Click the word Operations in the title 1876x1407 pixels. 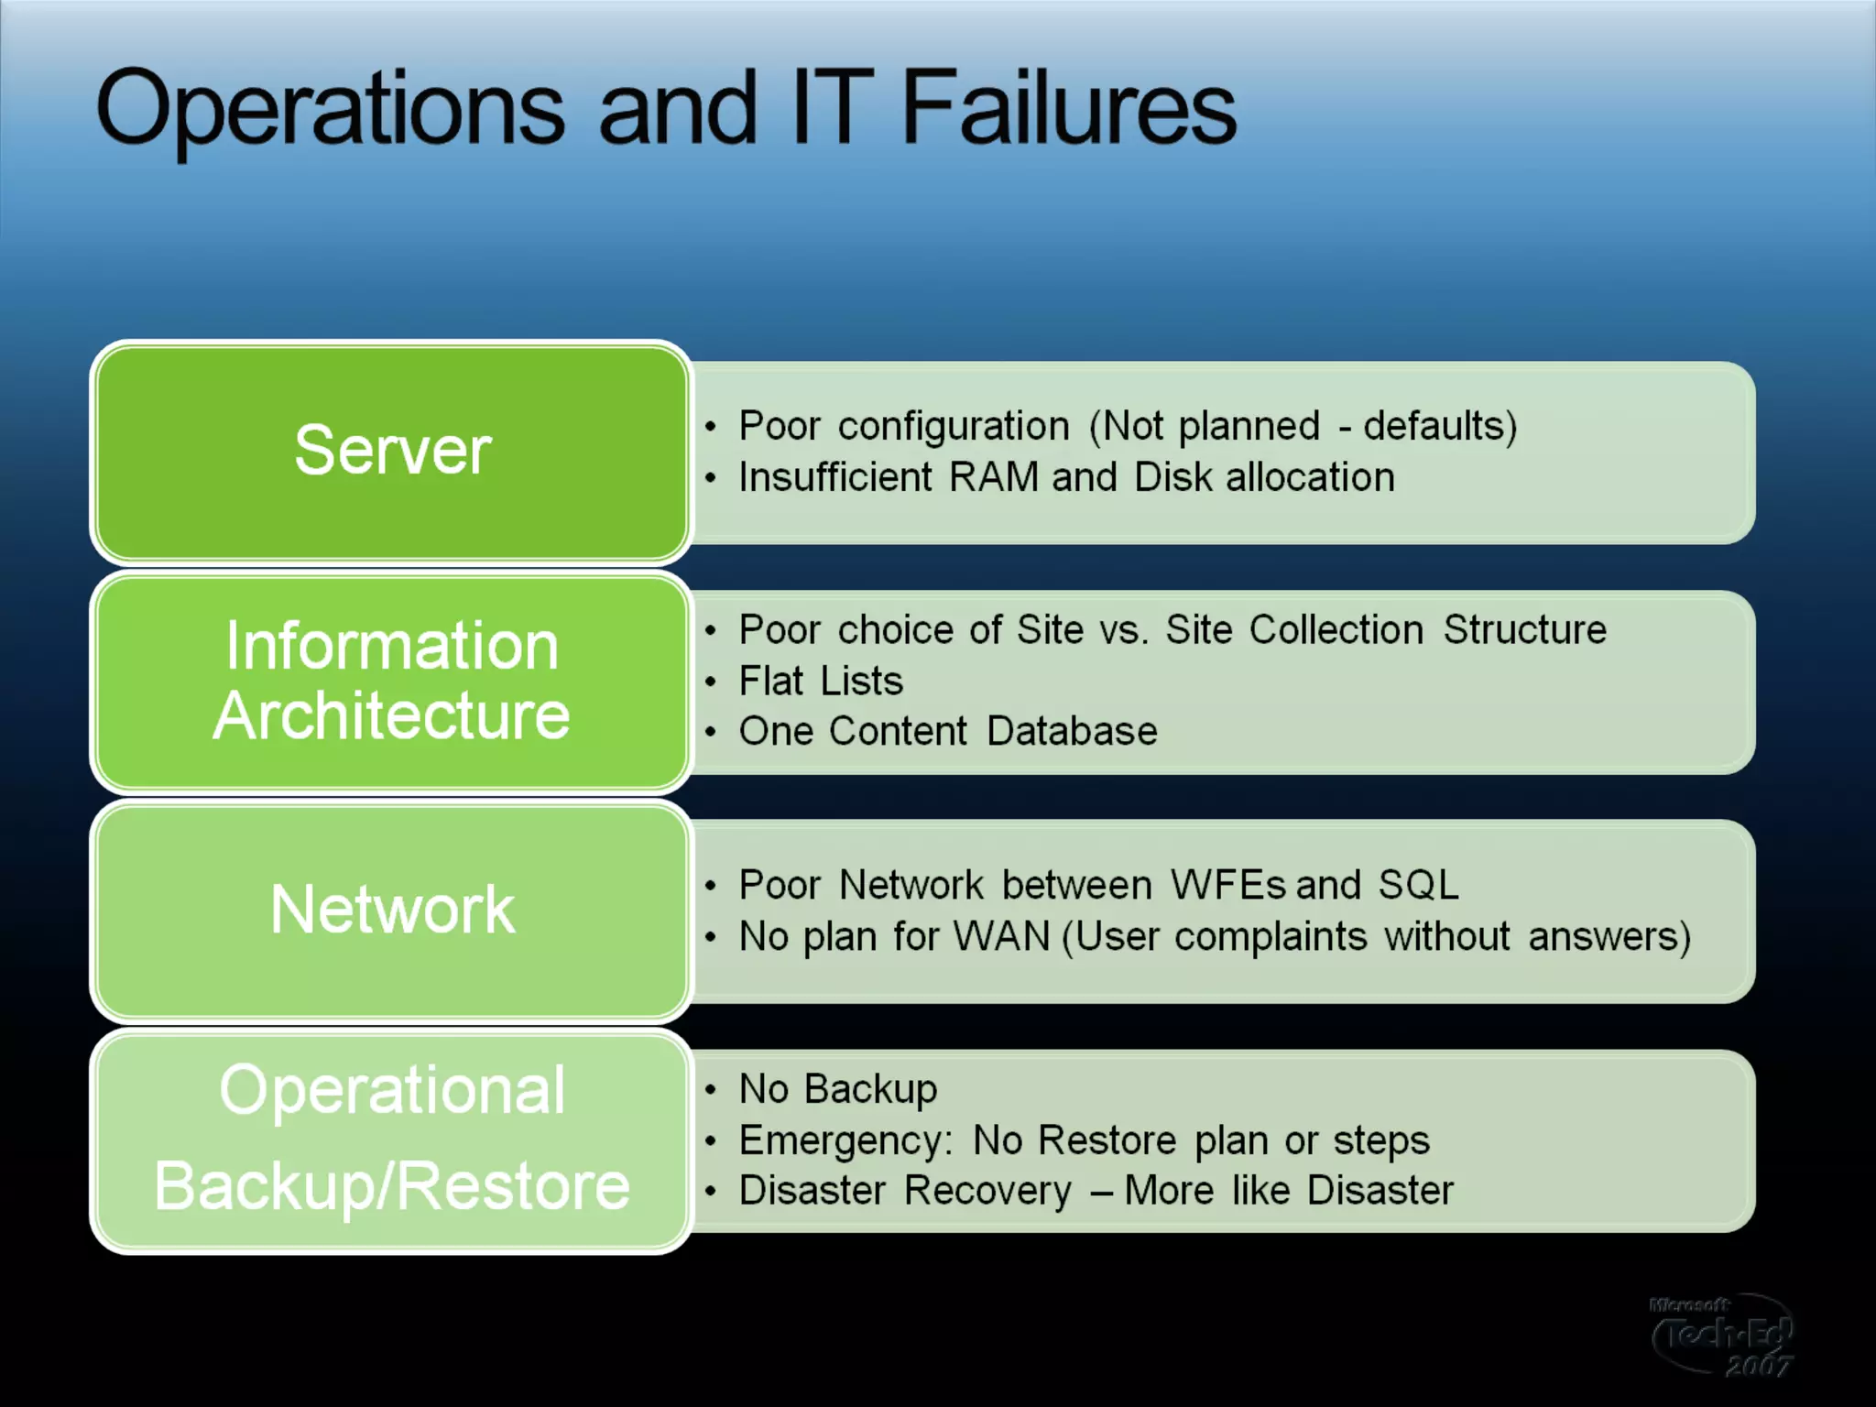point(330,110)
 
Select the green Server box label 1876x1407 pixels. point(392,450)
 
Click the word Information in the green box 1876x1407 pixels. point(392,646)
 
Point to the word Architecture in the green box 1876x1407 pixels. point(392,715)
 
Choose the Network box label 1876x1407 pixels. point(392,910)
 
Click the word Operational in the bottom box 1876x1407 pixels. point(392,1090)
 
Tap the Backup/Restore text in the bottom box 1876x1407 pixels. point(392,1186)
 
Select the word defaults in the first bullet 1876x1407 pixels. point(1434,426)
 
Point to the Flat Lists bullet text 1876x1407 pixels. point(821,681)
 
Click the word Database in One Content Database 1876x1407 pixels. point(1072,731)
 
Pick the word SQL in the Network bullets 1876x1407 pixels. point(1418,885)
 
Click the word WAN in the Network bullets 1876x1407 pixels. point(1001,936)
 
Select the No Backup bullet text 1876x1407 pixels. point(838,1089)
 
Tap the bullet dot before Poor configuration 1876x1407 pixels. point(710,427)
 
